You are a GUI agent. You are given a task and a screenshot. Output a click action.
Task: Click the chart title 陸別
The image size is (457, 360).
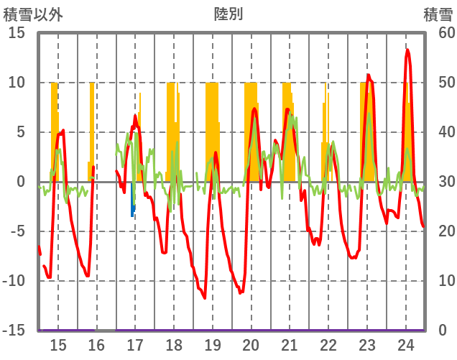[x=228, y=14]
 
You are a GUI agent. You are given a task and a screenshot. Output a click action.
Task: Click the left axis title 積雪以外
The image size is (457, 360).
[x=33, y=14]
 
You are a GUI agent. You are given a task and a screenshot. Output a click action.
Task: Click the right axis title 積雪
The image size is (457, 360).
[x=438, y=14]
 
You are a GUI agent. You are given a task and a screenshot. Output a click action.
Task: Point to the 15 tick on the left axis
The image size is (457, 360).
[x=17, y=33]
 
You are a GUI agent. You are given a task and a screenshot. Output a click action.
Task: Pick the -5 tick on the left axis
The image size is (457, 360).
[x=17, y=231]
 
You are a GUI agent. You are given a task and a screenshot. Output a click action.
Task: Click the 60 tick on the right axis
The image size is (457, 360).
[x=438, y=33]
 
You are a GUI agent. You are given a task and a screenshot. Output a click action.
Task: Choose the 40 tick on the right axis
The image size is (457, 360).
[x=438, y=132]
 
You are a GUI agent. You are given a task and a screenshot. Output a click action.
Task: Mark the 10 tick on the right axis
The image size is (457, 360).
[x=438, y=281]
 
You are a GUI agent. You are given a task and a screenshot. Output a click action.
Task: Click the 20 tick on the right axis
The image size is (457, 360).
[x=438, y=231]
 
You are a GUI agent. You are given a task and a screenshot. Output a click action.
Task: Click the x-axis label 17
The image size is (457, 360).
[x=135, y=345]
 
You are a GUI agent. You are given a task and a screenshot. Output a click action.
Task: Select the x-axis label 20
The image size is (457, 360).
[x=251, y=345]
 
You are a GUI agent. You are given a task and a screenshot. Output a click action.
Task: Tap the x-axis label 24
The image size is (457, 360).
[x=405, y=345]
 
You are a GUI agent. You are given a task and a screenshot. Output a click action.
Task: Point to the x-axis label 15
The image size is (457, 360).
[x=58, y=345]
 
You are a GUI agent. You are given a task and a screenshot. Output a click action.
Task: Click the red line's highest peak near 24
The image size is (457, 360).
[x=407, y=50]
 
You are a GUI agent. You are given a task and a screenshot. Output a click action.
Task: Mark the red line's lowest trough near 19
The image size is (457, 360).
[x=205, y=297]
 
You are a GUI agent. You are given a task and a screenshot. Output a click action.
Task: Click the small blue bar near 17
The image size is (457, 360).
[x=133, y=210]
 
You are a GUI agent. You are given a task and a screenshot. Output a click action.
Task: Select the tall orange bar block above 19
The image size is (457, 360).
[x=212, y=129]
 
